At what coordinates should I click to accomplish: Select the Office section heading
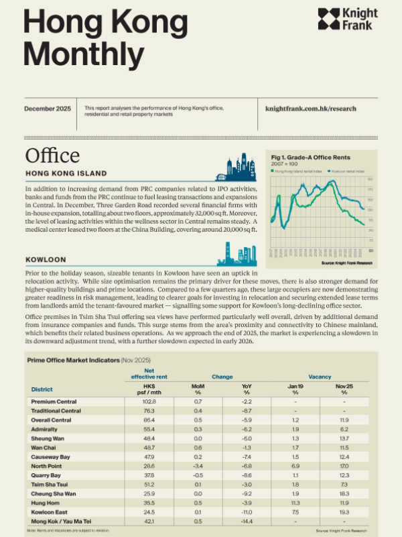[52, 155]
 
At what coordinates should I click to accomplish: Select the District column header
[42, 389]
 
